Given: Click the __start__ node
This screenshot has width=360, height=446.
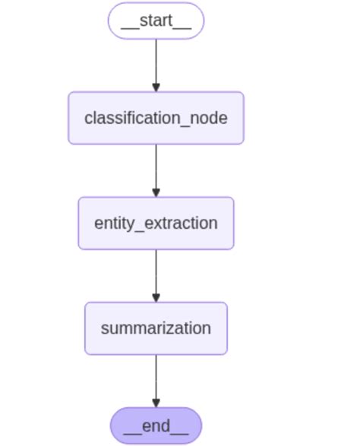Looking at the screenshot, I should (x=156, y=21).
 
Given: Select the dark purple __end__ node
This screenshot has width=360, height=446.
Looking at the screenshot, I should (x=156, y=425).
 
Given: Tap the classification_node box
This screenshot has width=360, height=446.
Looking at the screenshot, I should (x=156, y=118).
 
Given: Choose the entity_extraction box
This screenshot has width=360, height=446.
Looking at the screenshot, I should (x=156, y=223).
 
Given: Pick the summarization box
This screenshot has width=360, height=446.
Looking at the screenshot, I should (x=156, y=328).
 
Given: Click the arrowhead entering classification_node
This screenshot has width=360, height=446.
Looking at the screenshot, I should (x=156, y=87).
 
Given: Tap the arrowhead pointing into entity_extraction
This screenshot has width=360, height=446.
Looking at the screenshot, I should (x=156, y=192).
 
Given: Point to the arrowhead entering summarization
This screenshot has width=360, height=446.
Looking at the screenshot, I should (x=156, y=297).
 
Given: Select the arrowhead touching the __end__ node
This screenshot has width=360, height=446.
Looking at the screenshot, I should (x=156, y=403).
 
